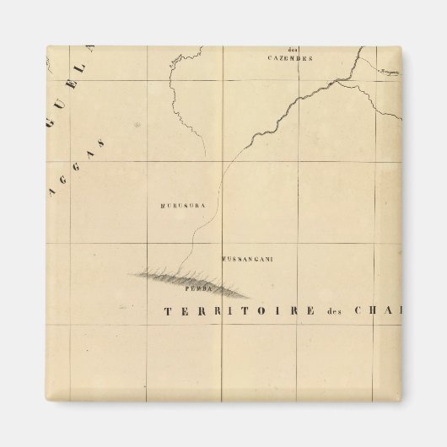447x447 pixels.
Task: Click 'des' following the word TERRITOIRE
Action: coord(336,311)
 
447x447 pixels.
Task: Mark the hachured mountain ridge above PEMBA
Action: coord(190,278)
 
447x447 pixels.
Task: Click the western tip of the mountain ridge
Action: coord(130,274)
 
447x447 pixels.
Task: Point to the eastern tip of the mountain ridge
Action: coord(250,296)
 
